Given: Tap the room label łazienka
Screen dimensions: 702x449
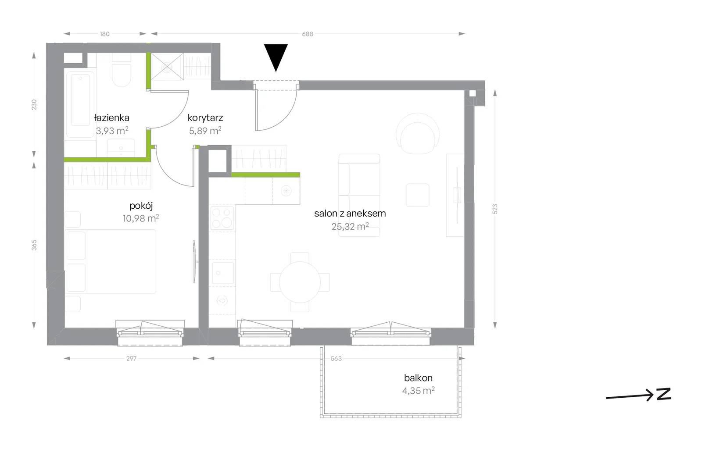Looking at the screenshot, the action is click(111, 118).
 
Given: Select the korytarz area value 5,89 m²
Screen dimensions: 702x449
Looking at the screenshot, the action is click(205, 131).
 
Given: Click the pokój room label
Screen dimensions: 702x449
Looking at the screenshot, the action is click(141, 206).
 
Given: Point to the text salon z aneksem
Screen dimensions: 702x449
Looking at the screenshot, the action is click(350, 214).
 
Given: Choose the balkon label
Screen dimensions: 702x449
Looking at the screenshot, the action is click(418, 378).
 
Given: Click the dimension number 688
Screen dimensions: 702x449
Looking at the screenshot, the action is click(308, 34).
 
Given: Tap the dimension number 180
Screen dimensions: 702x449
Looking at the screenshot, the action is click(105, 34).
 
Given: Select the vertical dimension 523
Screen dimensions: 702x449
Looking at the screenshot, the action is click(495, 209).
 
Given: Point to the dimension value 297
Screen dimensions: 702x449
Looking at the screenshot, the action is click(131, 359).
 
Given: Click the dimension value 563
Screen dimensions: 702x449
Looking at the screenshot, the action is click(336, 359).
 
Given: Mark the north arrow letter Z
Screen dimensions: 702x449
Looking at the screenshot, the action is click(664, 394).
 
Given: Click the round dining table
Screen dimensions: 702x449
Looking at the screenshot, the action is click(300, 282).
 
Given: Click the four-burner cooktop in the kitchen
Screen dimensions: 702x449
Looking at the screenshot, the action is click(222, 218).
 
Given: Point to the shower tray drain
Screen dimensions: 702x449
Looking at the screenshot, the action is click(167, 67).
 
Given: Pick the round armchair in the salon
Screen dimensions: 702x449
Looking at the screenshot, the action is click(417, 133).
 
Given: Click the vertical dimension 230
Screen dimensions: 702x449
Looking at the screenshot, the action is click(34, 105).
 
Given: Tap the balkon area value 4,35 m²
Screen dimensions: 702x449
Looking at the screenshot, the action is click(419, 391).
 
